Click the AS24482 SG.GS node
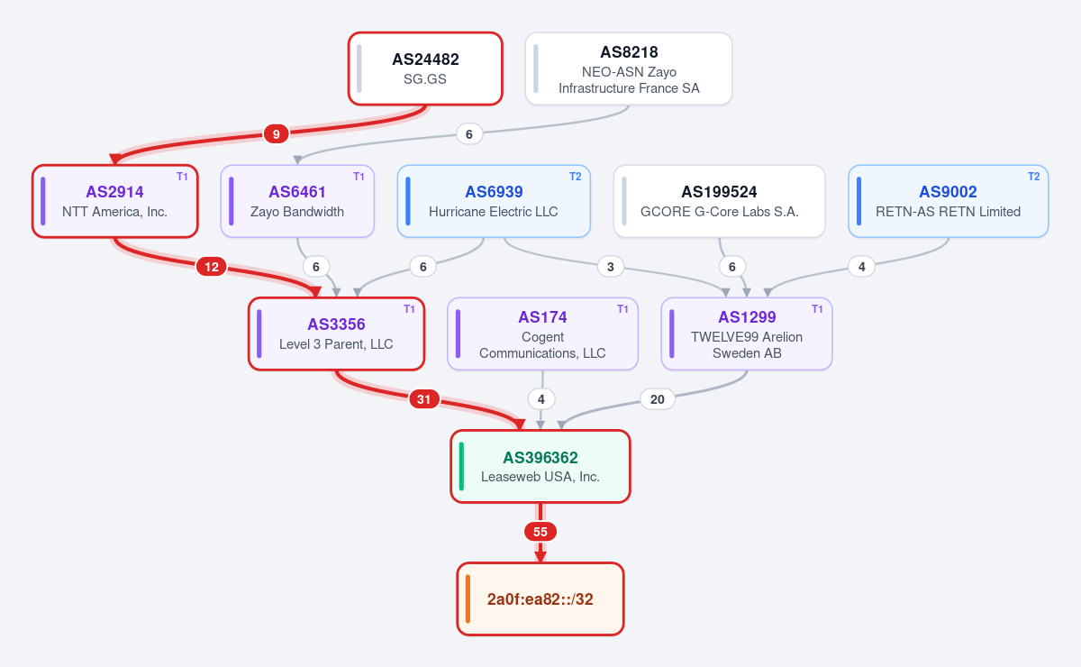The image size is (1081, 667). pyautogui.click(x=425, y=69)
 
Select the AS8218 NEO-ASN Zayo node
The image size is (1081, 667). pyautogui.click(x=629, y=69)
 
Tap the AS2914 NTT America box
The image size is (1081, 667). pyautogui.click(x=115, y=201)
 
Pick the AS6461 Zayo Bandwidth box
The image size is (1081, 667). pyautogui.click(x=297, y=201)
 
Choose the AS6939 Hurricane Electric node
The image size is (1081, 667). pyautogui.click(x=494, y=201)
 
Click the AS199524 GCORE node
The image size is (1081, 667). pyautogui.click(x=719, y=201)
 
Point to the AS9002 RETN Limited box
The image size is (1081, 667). pyautogui.click(x=949, y=201)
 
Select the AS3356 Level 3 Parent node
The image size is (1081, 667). pyautogui.click(x=336, y=333)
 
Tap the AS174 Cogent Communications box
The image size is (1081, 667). pyautogui.click(x=542, y=333)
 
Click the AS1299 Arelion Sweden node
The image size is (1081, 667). pyautogui.click(x=747, y=333)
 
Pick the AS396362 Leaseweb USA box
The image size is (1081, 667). pyautogui.click(x=540, y=466)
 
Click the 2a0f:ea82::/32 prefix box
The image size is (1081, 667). pyautogui.click(x=540, y=598)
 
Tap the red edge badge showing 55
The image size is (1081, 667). pyautogui.click(x=540, y=532)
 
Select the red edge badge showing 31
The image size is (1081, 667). pyautogui.click(x=423, y=399)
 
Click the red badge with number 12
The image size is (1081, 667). pyautogui.click(x=212, y=267)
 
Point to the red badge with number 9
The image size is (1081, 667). pyautogui.click(x=276, y=133)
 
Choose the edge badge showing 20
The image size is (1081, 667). pyautogui.click(x=658, y=399)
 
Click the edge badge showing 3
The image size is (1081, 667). pyautogui.click(x=611, y=267)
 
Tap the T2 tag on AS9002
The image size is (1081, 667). pyautogui.click(x=1034, y=177)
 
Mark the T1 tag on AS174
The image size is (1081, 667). pyautogui.click(x=622, y=308)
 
